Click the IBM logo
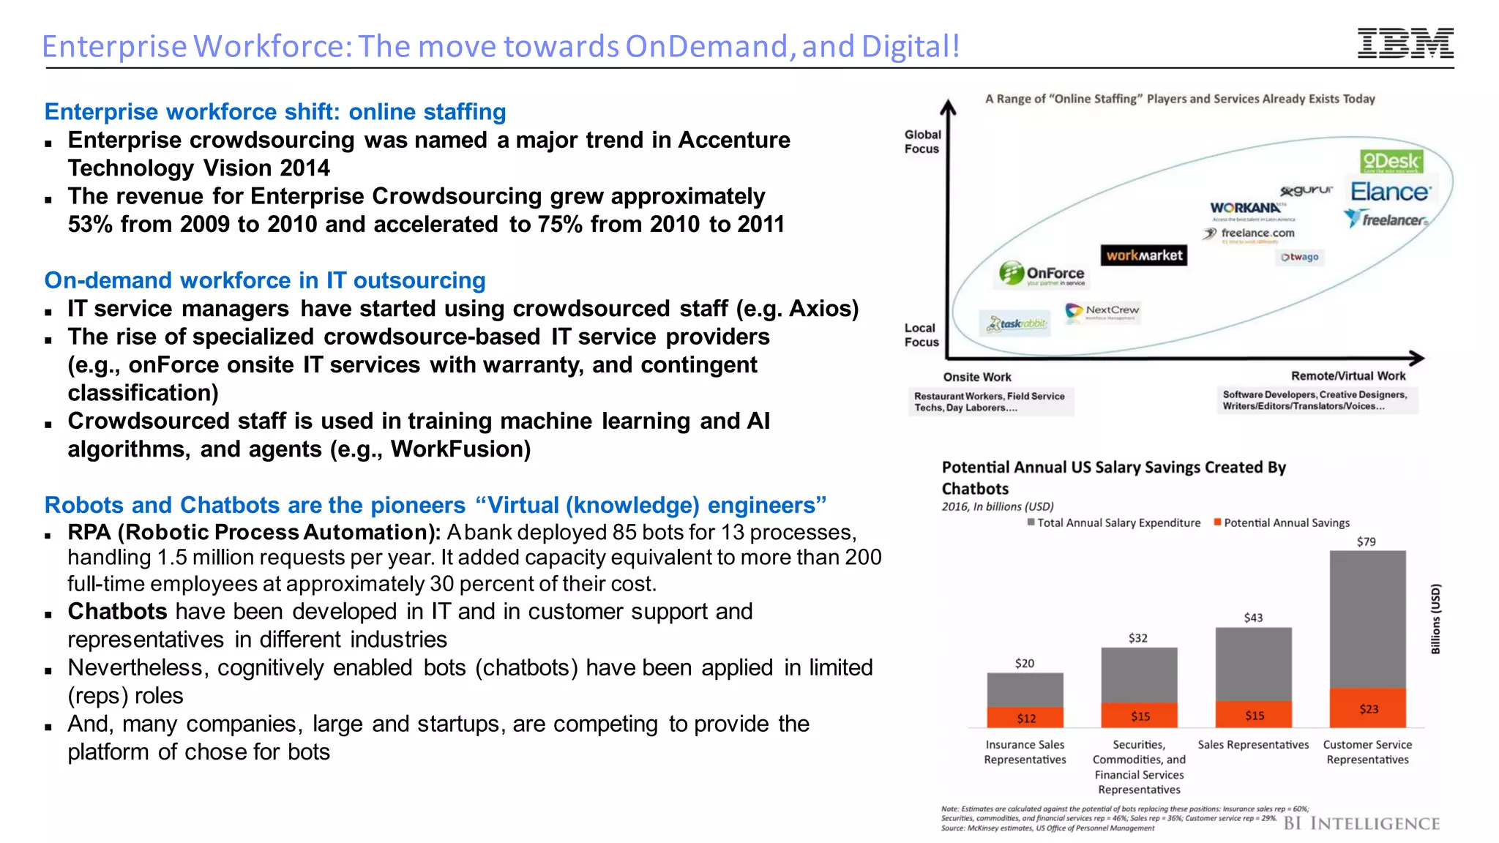tap(1405, 43)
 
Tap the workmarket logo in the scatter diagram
tap(1144, 255)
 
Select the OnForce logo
tap(1043, 274)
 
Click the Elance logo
tap(1389, 192)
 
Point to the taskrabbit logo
tap(1016, 323)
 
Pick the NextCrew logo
tap(1103, 311)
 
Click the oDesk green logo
tap(1391, 162)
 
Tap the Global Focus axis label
tap(922, 141)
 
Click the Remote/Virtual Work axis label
tap(1347, 376)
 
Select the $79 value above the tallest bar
tap(1366, 542)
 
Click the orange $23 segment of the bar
tap(1367, 708)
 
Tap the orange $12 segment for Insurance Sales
tap(1025, 718)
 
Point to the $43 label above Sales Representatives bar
tap(1253, 618)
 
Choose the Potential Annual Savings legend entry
tap(1282, 522)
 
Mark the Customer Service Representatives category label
tap(1367, 752)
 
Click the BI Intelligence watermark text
tap(1361, 824)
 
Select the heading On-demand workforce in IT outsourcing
tap(265, 280)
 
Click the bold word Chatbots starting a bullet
tap(118, 612)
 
